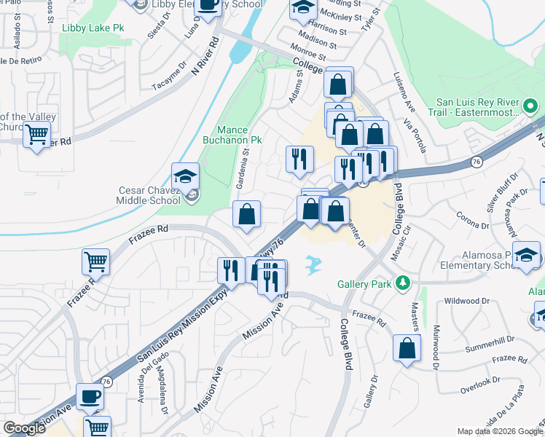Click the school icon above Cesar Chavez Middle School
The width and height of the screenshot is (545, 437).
coord(185,176)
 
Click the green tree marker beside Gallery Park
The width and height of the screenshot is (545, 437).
coord(401,282)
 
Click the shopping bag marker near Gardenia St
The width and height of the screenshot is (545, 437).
coord(247,214)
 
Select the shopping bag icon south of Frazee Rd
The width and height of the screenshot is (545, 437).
coord(407,347)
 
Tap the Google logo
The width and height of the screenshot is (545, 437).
coord(24,429)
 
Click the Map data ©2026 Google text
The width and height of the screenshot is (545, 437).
coord(500,431)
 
